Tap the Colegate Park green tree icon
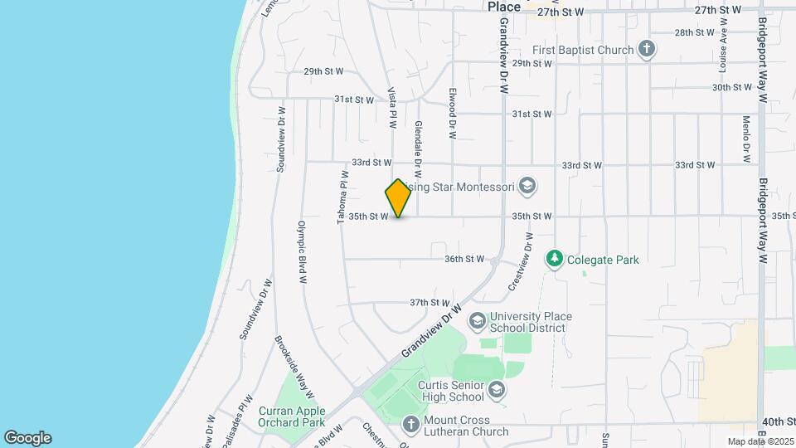[x=554, y=260]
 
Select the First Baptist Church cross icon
[x=647, y=50]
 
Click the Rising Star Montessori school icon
[x=527, y=187]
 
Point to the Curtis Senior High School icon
[x=496, y=389]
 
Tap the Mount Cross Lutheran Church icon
[x=410, y=426]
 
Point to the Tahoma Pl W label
[x=342, y=197]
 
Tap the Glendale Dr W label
[x=418, y=149]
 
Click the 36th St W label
[x=464, y=259]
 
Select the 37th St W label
[x=430, y=303]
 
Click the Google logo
[x=27, y=438]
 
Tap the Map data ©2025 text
[x=760, y=441]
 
